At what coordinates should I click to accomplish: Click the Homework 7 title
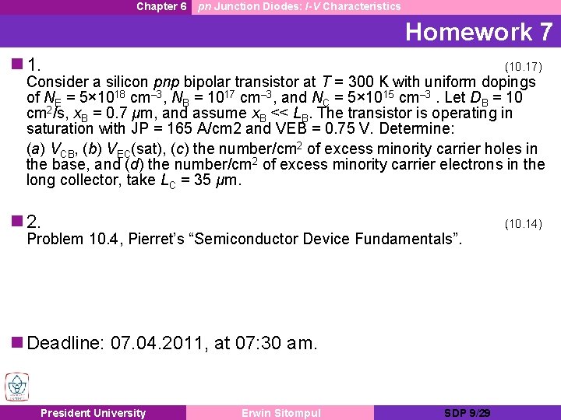click(x=478, y=32)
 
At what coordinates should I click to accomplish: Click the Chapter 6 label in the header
click(x=161, y=6)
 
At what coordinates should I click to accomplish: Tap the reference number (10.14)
click(x=523, y=224)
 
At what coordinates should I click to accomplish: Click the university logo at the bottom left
click(x=16, y=387)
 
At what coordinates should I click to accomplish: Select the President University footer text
click(x=93, y=413)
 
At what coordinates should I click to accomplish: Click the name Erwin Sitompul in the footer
click(x=280, y=413)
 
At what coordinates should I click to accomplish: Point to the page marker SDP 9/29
click(x=467, y=413)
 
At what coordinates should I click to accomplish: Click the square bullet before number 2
click(x=17, y=221)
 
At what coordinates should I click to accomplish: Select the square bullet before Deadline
click(x=17, y=343)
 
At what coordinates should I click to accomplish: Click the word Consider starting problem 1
click(x=55, y=82)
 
